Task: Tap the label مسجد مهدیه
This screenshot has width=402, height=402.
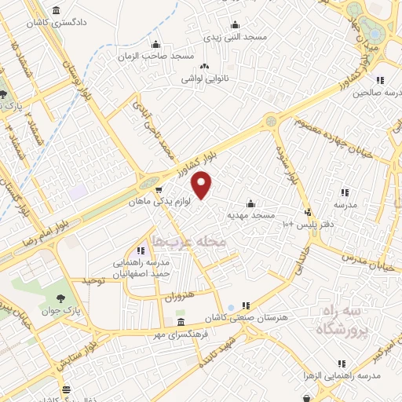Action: [250, 214]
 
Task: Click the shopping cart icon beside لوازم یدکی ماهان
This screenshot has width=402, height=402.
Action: [159, 189]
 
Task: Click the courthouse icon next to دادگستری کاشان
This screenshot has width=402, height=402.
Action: [57, 10]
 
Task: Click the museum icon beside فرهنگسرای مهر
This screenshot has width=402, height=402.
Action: [181, 323]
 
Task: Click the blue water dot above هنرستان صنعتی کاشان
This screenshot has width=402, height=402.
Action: [229, 306]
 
